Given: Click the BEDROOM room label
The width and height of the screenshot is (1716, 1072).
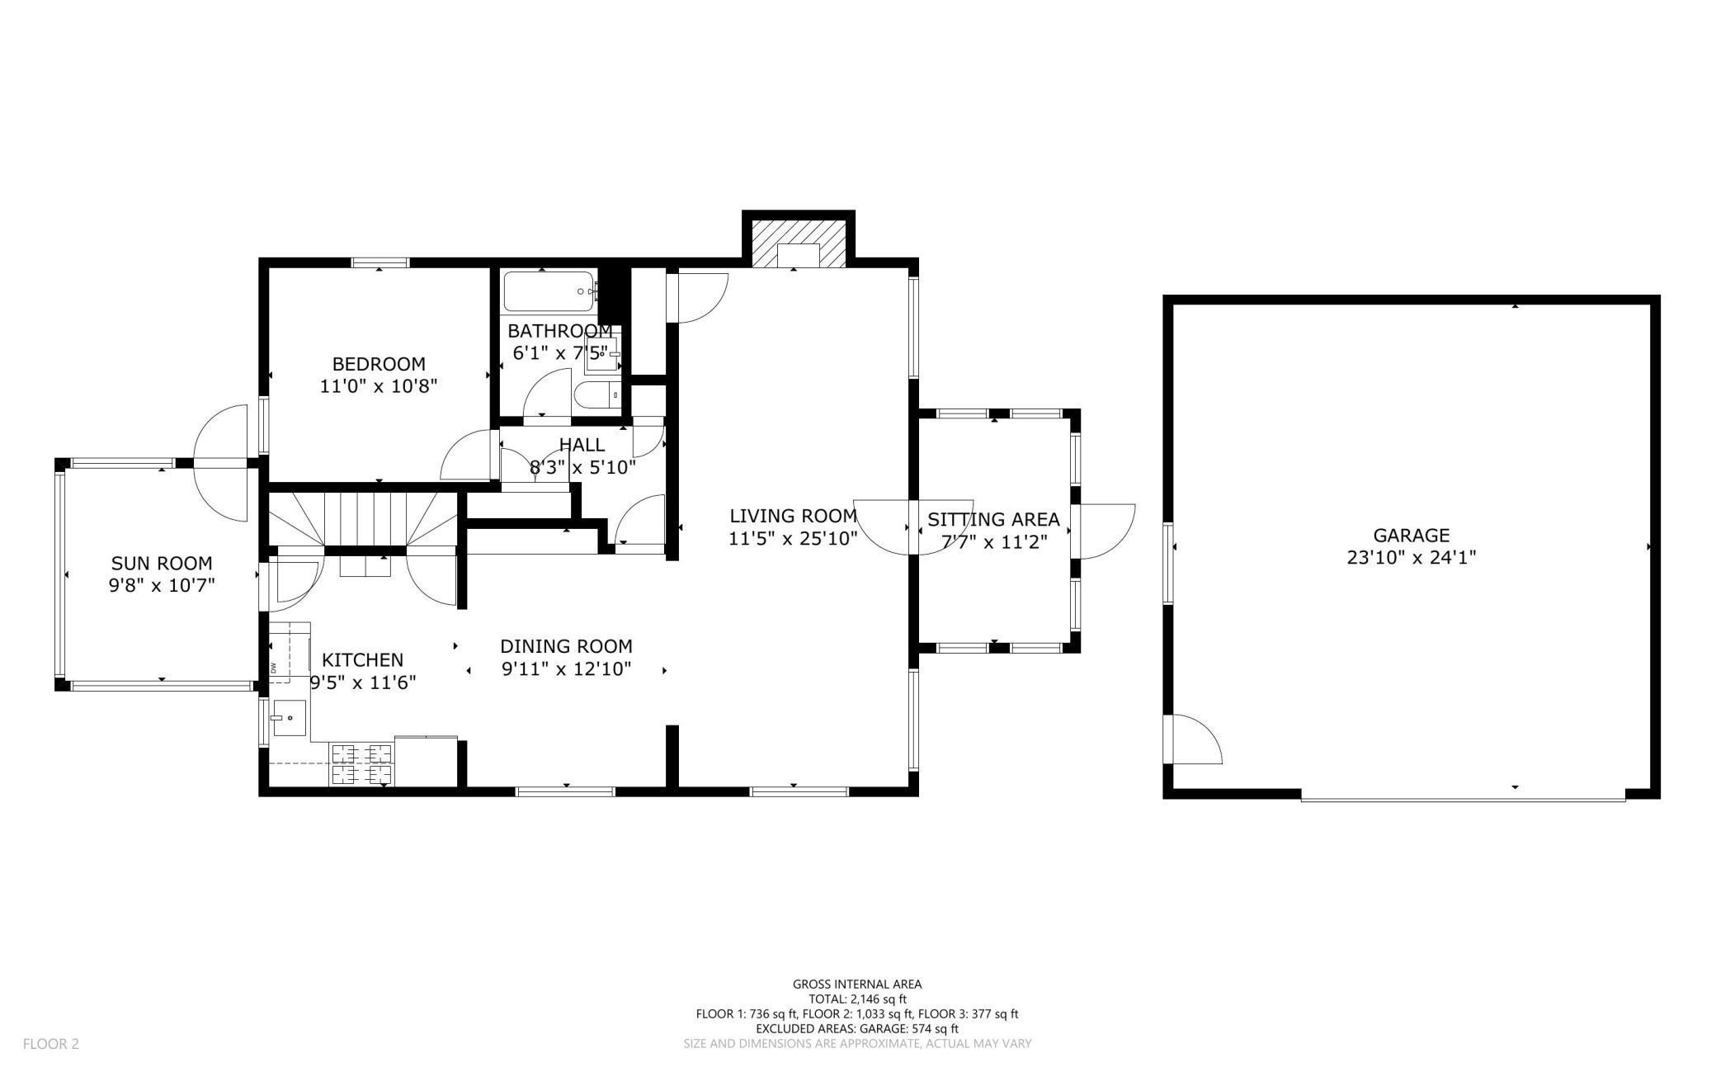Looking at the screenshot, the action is pos(379,364).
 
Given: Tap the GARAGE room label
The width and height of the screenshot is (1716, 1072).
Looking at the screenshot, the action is pos(1411,536).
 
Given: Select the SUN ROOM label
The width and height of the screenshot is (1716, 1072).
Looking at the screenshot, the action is pos(162,564).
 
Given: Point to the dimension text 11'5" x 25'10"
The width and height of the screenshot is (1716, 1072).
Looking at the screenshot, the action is pos(793,539).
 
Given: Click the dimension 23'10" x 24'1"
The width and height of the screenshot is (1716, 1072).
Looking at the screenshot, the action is pos(1411,558).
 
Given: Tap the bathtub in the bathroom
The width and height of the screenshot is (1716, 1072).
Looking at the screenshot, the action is pos(549,291).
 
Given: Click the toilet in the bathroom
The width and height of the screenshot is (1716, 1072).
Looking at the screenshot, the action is pos(598,395).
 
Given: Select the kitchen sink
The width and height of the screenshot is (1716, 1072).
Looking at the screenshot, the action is pos(289,719).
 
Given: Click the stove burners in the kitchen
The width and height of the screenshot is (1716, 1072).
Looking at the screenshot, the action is pos(362,764).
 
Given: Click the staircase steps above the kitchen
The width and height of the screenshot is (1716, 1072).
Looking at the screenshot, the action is pos(364,519).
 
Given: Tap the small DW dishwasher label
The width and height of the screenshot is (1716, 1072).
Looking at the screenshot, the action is pos(273,667).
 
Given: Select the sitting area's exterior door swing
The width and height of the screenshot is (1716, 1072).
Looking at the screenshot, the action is pos(1105,531).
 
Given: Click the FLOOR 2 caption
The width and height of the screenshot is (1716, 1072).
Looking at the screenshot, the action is pos(51,1044).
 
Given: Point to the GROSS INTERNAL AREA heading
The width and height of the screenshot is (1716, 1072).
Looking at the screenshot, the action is pos(857,984).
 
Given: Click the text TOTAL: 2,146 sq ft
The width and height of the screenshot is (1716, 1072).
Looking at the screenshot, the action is pos(857,999).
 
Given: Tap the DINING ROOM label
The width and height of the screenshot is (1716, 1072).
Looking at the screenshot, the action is pos(566,646).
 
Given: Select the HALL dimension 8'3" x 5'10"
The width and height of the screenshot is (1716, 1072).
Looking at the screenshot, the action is pos(582,468).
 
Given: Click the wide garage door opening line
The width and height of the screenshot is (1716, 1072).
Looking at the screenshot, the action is pos(1464,799).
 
